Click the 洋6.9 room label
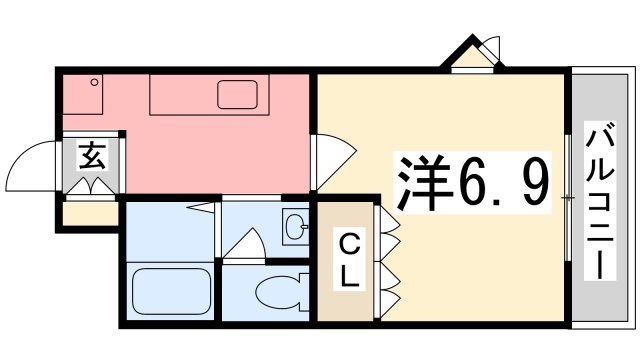click(x=473, y=182)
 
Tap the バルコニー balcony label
click(x=600, y=201)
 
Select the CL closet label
click(x=349, y=261)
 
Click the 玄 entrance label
click(x=92, y=156)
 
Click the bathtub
click(x=171, y=291)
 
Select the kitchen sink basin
click(x=237, y=95)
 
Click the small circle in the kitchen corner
click(x=94, y=82)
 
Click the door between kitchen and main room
click(x=334, y=161)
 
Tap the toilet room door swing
click(x=244, y=244)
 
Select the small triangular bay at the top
click(x=472, y=56)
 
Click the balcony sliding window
click(x=568, y=198)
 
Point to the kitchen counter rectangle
click(x=209, y=94)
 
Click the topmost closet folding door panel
click(x=389, y=220)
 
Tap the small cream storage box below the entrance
click(x=90, y=213)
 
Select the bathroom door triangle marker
click(x=201, y=207)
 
